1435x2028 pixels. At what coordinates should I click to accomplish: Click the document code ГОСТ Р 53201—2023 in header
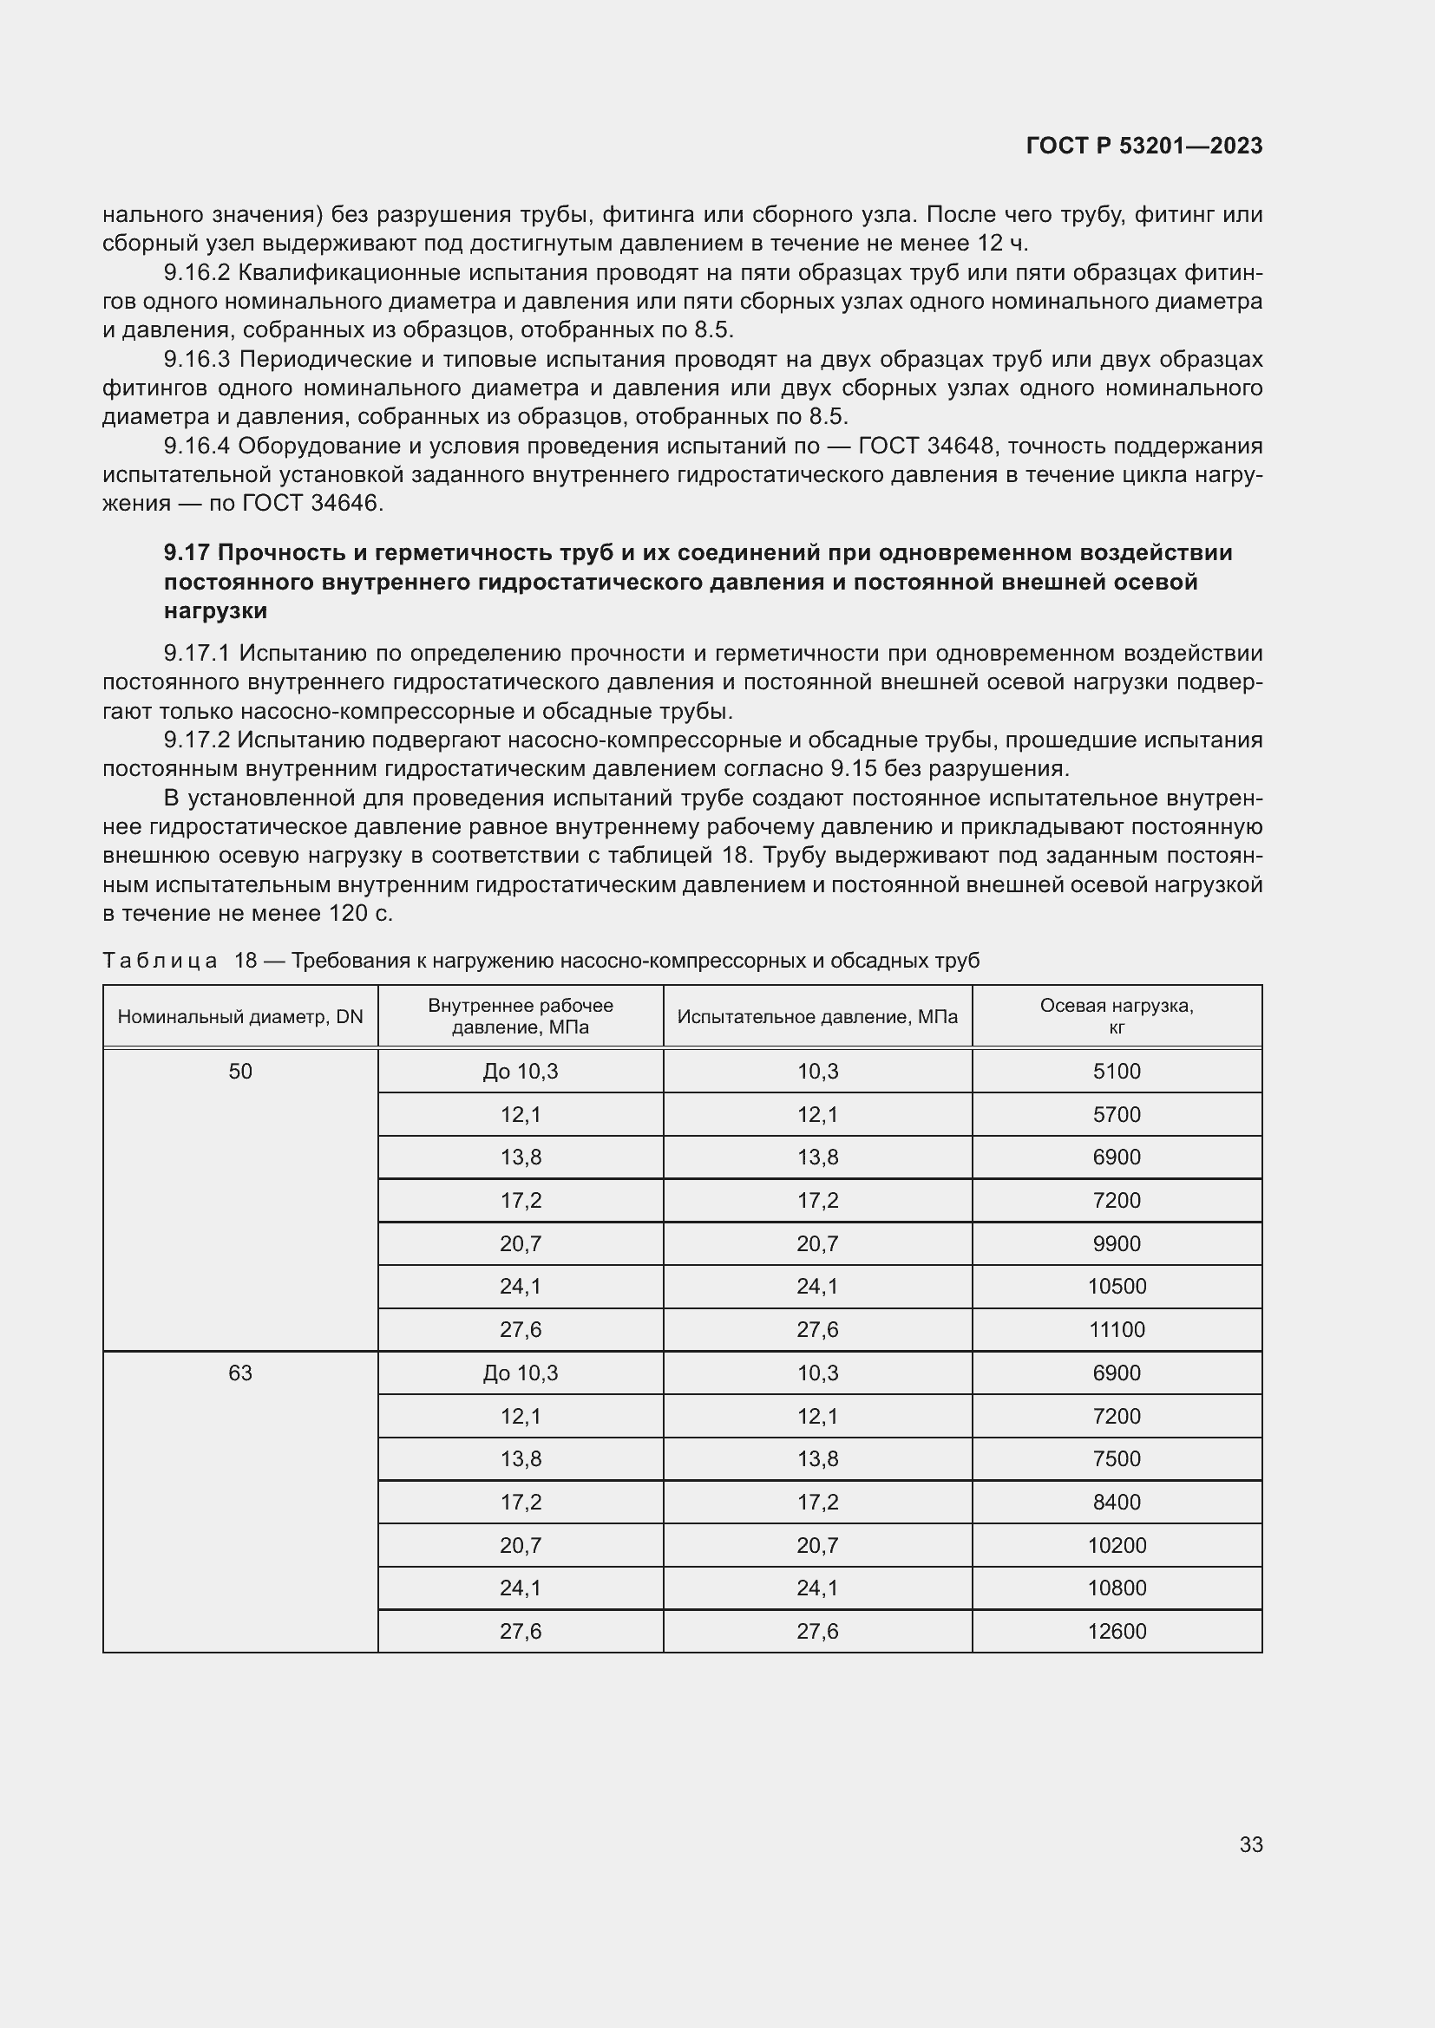coord(1143,146)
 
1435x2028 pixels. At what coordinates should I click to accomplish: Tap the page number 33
coord(1250,1844)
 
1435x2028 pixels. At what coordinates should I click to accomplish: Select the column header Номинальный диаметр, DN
coord(240,1017)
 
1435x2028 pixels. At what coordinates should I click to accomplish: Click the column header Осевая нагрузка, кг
coord(1116,1017)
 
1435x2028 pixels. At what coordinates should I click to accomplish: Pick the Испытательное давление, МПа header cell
coord(817,1017)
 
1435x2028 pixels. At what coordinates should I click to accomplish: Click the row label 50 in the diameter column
coord(240,1072)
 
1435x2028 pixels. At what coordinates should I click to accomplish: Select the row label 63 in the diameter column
coord(240,1373)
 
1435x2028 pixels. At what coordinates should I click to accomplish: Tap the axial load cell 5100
coord(1116,1072)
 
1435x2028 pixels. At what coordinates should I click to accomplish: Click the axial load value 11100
coord(1116,1330)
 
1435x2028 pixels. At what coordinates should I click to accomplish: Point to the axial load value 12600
coord(1116,1632)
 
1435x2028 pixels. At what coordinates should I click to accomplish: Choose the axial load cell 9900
coord(1116,1243)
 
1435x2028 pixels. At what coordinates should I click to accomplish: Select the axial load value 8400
coord(1116,1503)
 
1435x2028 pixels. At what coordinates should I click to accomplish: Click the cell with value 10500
coord(1116,1287)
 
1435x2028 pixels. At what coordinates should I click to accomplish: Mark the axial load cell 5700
coord(1116,1115)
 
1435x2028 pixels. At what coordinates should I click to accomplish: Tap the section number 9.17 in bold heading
coord(186,553)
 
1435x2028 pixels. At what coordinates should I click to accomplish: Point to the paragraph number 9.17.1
coord(196,654)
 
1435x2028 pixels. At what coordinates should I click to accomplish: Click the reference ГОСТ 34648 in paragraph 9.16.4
coord(927,446)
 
